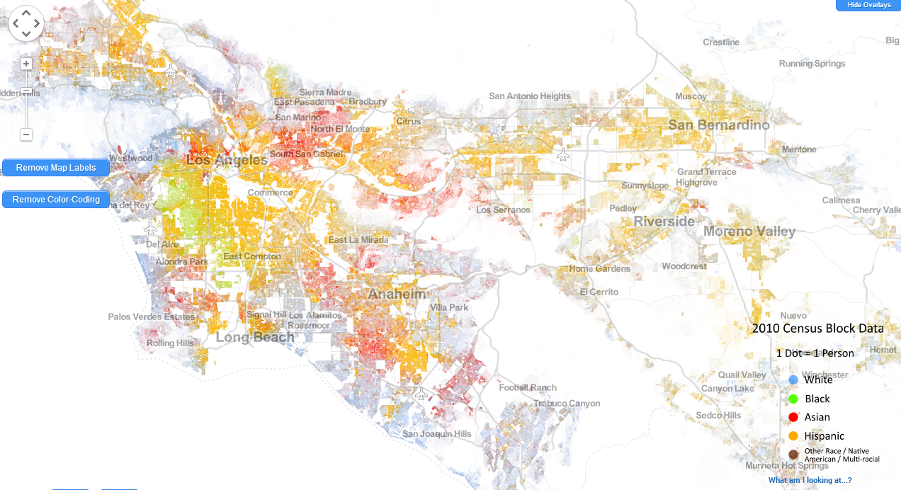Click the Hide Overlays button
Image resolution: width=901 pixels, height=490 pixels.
[868, 5]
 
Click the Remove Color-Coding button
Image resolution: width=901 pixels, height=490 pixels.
[56, 200]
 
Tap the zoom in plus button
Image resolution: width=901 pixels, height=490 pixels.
[26, 64]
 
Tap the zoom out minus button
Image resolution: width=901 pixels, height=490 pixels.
[26, 135]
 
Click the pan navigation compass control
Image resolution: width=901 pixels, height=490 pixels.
[26, 24]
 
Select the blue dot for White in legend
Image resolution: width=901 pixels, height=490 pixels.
[793, 380]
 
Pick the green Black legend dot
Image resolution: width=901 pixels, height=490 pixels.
[793, 399]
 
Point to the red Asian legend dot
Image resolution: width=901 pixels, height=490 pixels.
[793, 417]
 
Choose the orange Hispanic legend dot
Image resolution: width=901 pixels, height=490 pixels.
[793, 435]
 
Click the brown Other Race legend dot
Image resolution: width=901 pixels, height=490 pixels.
[793, 454]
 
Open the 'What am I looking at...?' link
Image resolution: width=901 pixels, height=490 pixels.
[810, 481]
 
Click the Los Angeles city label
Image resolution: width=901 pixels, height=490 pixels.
[227, 161]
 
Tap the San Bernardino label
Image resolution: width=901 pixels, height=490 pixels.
[718, 125]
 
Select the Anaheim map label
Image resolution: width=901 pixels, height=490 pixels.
[397, 294]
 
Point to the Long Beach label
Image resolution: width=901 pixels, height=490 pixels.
[255, 337]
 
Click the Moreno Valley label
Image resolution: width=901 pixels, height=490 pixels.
[749, 232]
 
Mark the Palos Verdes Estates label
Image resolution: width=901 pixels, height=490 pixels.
[151, 317]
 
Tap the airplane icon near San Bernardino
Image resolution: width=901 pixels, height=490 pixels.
[563, 154]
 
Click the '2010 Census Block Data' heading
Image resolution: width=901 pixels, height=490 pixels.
[817, 329]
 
